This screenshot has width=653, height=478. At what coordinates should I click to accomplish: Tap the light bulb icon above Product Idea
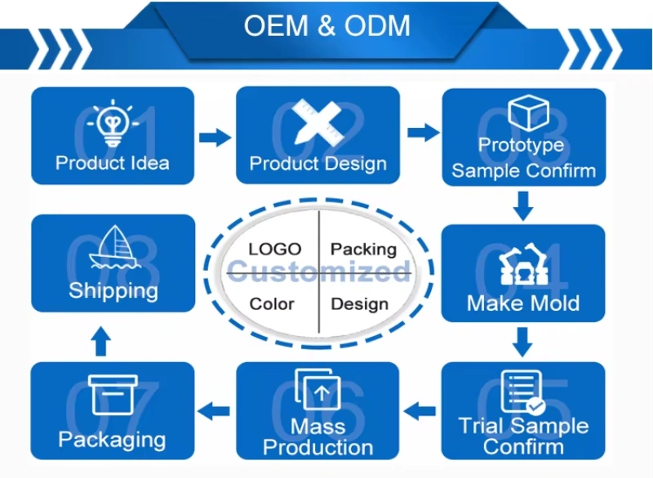113,123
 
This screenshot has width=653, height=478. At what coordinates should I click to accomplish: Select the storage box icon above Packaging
112,396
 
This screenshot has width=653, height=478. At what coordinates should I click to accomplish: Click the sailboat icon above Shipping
112,249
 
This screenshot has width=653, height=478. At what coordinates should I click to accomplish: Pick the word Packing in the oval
363,250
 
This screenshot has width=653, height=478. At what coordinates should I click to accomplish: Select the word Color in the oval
272,303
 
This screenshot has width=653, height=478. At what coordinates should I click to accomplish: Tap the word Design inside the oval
359,304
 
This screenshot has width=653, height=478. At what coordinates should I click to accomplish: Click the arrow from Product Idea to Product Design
215,137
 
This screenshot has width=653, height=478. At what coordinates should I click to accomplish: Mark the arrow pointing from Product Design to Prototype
422,133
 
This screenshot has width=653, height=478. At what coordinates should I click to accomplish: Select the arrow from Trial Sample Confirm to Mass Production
421,411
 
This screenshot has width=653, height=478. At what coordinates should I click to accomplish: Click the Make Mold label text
523,303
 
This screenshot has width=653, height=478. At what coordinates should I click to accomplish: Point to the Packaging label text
112,440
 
